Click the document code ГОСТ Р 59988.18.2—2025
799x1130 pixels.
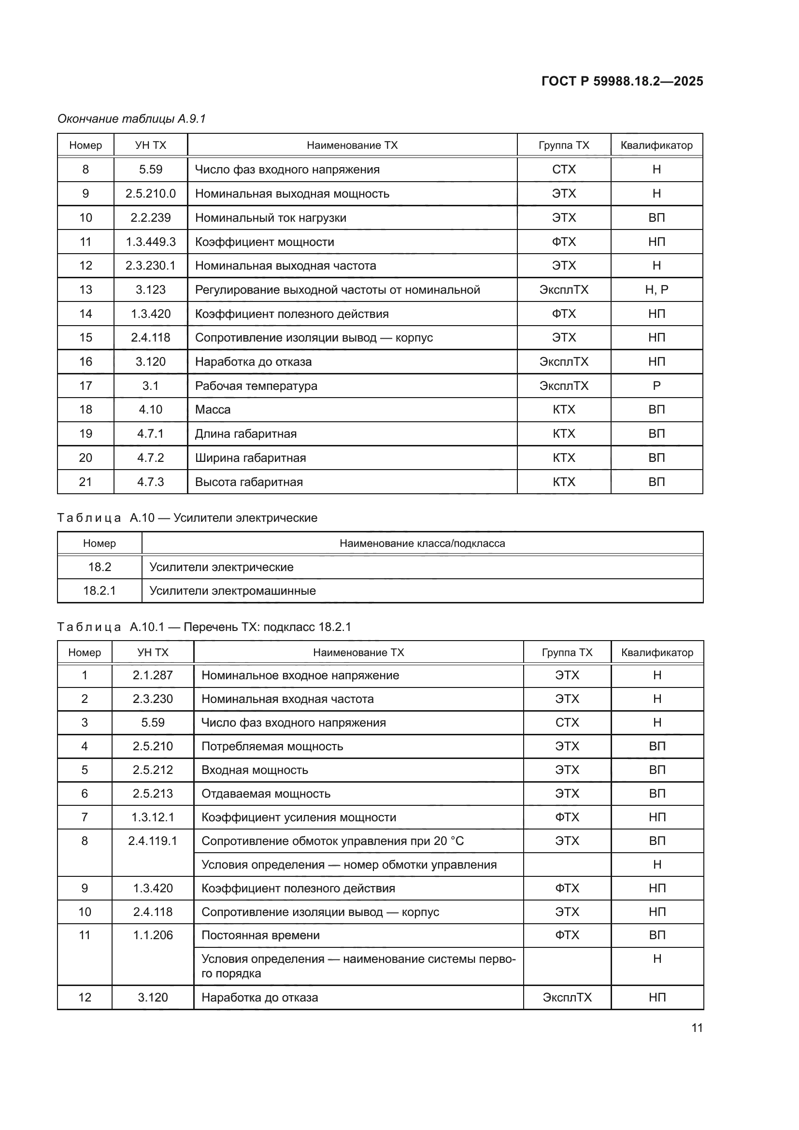[622, 81]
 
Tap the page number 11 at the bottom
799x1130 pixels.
[697, 1028]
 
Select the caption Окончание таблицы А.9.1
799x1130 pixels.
[131, 119]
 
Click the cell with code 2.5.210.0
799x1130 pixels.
[151, 193]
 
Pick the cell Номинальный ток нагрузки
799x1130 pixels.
[271, 217]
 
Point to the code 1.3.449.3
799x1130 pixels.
[151, 242]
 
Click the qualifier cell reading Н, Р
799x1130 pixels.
[656, 289]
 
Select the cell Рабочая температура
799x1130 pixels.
[256, 386]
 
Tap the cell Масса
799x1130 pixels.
[213, 410]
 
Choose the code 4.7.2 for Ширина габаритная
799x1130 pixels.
[151, 458]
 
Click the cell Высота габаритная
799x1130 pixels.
[248, 482]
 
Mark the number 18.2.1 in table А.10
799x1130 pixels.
[100, 590]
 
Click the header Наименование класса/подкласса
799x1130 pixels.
[422, 544]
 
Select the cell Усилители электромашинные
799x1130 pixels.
[232, 590]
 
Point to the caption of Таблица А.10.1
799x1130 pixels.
[204, 627]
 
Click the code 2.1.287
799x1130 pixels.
[153, 675]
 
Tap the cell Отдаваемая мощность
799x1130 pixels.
[266, 793]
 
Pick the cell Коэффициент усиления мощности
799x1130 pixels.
[299, 817]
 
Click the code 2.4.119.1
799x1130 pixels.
[153, 841]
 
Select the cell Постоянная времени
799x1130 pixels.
[260, 935]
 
